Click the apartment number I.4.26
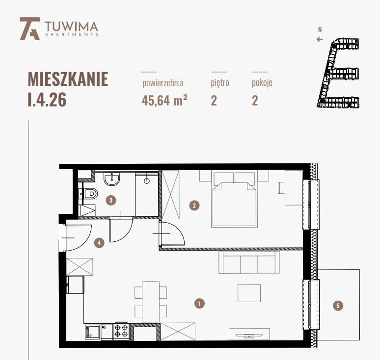coord(47,100)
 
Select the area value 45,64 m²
coord(164,101)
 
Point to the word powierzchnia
coord(163,83)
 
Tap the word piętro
coord(220,83)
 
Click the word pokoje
coord(262,83)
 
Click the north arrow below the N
coord(320,39)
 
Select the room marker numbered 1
coord(199,304)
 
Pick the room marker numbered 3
coord(112,200)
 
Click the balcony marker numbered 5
coord(337,306)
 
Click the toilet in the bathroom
coord(88,195)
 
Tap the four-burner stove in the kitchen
coord(121,331)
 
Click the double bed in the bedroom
coord(234,201)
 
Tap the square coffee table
coord(249,293)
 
